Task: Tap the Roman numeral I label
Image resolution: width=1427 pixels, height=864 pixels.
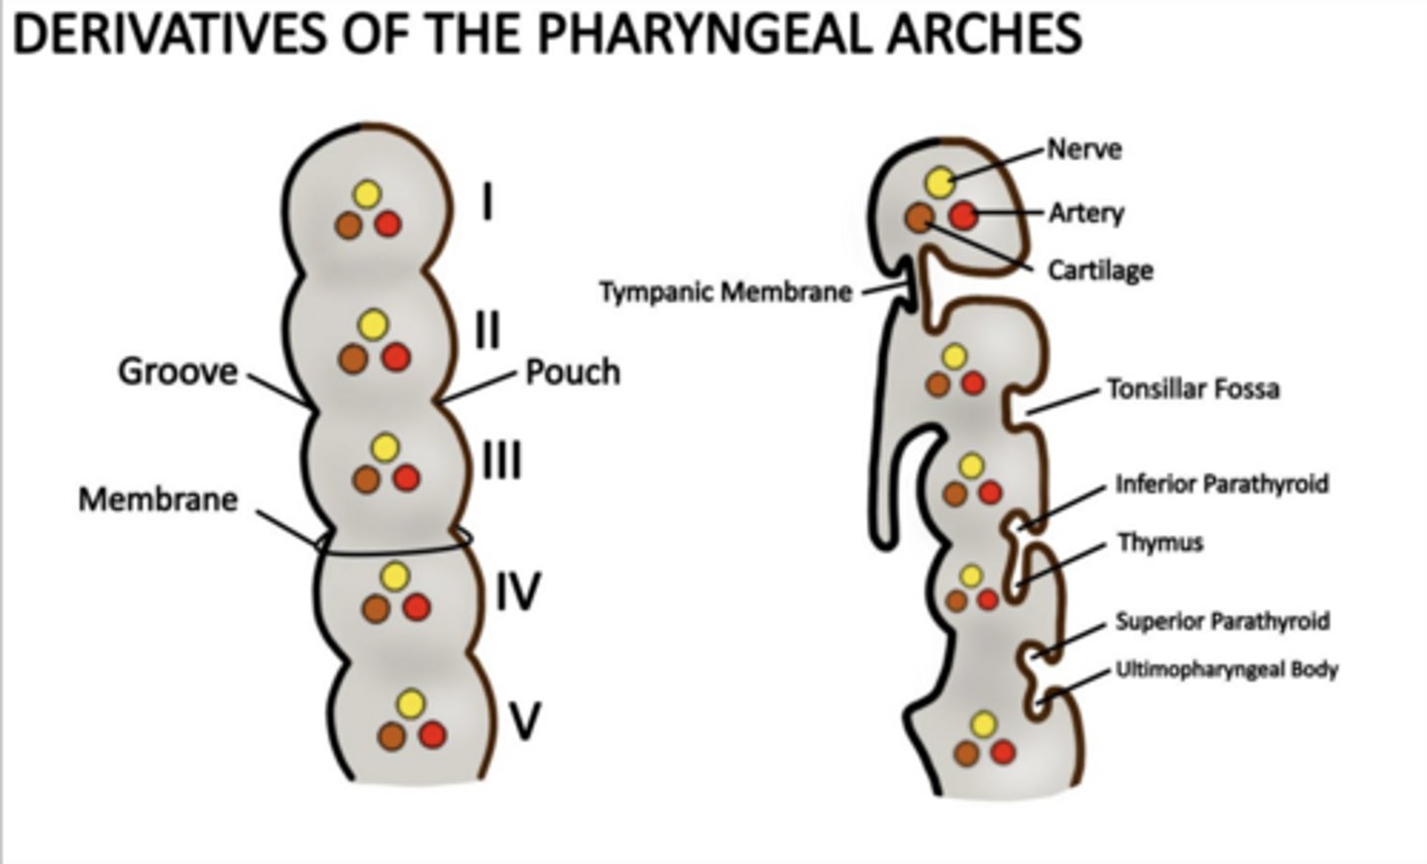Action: pyautogui.click(x=488, y=203)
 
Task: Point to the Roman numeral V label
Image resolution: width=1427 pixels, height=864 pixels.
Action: pyautogui.click(x=524, y=721)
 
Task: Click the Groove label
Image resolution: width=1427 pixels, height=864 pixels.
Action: pyautogui.click(x=178, y=372)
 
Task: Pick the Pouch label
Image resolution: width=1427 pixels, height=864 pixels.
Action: pyautogui.click(x=573, y=373)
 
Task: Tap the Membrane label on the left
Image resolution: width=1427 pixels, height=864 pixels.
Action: pyautogui.click(x=159, y=498)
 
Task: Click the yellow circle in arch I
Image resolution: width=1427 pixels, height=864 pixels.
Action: pyautogui.click(x=367, y=194)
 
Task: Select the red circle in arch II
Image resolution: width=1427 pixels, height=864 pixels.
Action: pyautogui.click(x=395, y=357)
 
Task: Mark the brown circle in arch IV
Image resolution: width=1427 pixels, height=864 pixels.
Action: pyautogui.click(x=374, y=608)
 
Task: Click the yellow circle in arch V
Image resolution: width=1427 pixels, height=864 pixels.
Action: pyautogui.click(x=410, y=704)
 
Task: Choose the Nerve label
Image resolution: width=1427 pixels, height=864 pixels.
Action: pyautogui.click(x=1085, y=150)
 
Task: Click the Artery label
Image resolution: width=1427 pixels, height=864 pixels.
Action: pyautogui.click(x=1087, y=213)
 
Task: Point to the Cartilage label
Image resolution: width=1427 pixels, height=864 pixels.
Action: pyautogui.click(x=1101, y=270)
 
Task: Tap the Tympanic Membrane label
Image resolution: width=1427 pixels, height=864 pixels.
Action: pyautogui.click(x=725, y=293)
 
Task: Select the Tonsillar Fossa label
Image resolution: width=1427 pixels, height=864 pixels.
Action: pyautogui.click(x=1192, y=388)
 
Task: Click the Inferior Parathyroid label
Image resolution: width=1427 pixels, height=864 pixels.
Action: pyautogui.click(x=1222, y=485)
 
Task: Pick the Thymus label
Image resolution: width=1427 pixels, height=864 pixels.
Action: pyautogui.click(x=1160, y=543)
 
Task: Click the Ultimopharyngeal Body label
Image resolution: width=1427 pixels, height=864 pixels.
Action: pyautogui.click(x=1227, y=670)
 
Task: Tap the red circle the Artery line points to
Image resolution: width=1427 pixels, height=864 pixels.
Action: pyautogui.click(x=962, y=214)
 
